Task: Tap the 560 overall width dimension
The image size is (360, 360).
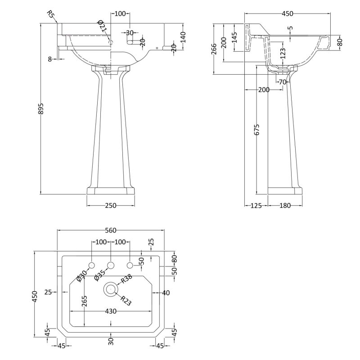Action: click(x=111, y=228)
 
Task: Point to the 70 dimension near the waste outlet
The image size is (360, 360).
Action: click(x=282, y=82)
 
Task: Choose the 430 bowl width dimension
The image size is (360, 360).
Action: click(x=111, y=311)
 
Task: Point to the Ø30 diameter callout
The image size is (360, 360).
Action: click(x=81, y=275)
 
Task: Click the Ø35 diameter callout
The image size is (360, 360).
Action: click(x=100, y=275)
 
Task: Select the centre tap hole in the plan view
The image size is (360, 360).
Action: click(x=110, y=265)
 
